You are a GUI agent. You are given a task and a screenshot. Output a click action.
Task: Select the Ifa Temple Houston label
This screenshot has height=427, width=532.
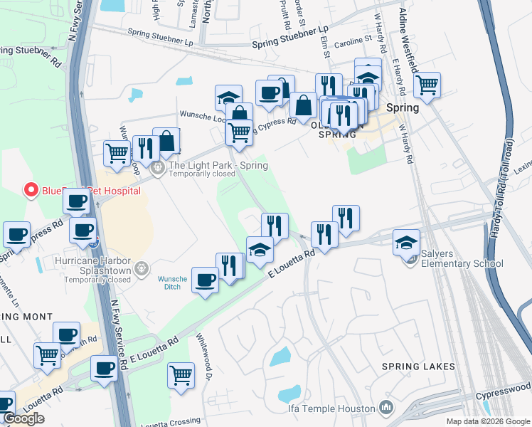coord(331,408)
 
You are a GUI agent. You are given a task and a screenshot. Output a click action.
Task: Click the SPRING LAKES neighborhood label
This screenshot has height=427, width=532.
coord(418,367)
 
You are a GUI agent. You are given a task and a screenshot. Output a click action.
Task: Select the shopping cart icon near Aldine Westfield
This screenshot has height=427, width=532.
coord(427,85)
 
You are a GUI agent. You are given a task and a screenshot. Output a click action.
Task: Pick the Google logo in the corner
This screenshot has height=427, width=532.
coord(23,418)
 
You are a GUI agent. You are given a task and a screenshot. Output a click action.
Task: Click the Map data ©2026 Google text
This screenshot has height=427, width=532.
coord(488,421)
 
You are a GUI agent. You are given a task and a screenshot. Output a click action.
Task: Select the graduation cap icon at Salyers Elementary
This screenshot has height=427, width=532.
coord(406,243)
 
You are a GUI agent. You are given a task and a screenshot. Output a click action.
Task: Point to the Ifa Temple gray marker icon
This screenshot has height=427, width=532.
coord(386,408)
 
